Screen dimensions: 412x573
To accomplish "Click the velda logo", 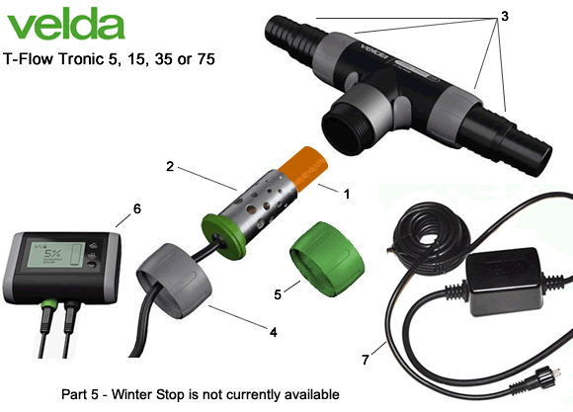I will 55,26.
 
